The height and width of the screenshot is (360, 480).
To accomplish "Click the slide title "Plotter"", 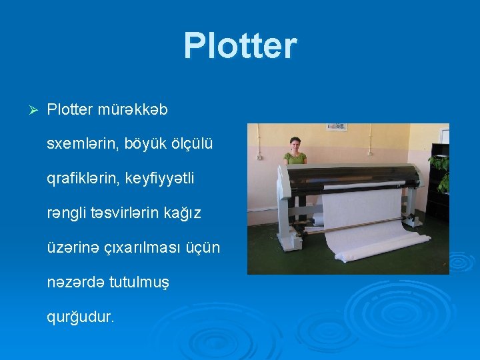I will pyautogui.click(x=240, y=45).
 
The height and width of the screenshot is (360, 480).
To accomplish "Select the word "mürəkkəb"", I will pyautogui.click(x=133, y=110).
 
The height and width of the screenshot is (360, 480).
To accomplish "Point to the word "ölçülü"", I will pyautogui.click(x=189, y=144).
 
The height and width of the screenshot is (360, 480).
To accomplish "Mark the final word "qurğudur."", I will pyautogui.click(x=81, y=317).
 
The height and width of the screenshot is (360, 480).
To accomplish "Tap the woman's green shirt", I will pyautogui.click(x=295, y=158).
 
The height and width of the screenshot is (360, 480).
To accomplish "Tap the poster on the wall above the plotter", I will pyautogui.click(x=336, y=127).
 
